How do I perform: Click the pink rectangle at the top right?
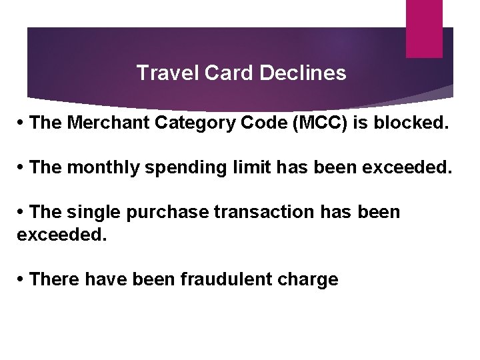424,28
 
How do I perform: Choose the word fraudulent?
221,279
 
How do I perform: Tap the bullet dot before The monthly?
22,168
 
